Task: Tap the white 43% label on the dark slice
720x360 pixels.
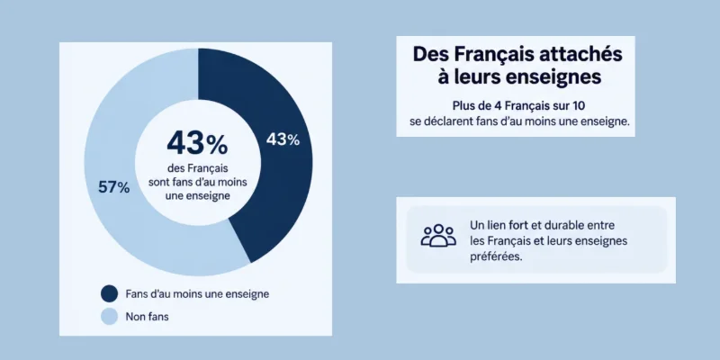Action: [x=283, y=139]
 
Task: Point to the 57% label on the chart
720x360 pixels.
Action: [x=114, y=187]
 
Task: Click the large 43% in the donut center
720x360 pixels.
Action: [x=197, y=143]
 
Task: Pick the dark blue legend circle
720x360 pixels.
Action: [x=109, y=294]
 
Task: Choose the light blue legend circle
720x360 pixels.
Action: [x=109, y=317]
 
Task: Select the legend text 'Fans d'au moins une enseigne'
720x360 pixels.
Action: [x=197, y=294]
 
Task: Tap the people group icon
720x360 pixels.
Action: [x=438, y=235]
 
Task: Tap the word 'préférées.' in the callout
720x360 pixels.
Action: [x=497, y=256]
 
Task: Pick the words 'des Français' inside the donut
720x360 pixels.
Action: [x=197, y=168]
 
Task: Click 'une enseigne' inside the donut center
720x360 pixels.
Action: [x=197, y=195]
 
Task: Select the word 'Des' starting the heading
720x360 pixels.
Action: [x=430, y=55]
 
